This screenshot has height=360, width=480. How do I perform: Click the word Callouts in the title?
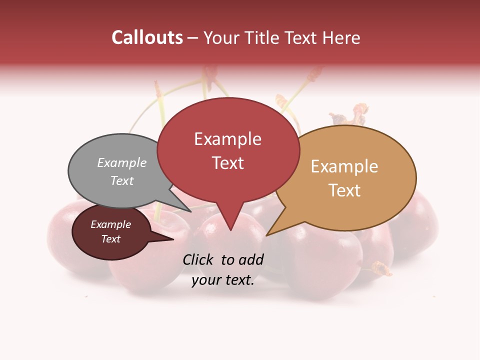pyautogui.click(x=147, y=37)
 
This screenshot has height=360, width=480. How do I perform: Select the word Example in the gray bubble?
pyautogui.click(x=122, y=162)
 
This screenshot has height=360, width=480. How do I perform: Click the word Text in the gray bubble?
pyautogui.click(x=122, y=180)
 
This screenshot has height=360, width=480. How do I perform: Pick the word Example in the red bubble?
pyautogui.click(x=227, y=139)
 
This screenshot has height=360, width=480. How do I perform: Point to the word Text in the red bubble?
pyautogui.click(x=227, y=162)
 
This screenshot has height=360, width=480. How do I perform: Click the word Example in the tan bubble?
pyautogui.click(x=344, y=166)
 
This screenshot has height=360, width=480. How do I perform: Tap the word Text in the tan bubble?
pyautogui.click(x=344, y=190)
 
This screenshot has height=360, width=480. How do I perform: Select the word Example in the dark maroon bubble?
pyautogui.click(x=111, y=224)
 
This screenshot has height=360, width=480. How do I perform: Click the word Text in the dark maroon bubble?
pyautogui.click(x=111, y=239)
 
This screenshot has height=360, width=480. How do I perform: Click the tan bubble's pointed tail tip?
pyautogui.click(x=267, y=235)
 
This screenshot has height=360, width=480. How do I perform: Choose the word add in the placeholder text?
pyautogui.click(x=251, y=259)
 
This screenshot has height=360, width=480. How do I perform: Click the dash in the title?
pyautogui.click(x=193, y=37)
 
